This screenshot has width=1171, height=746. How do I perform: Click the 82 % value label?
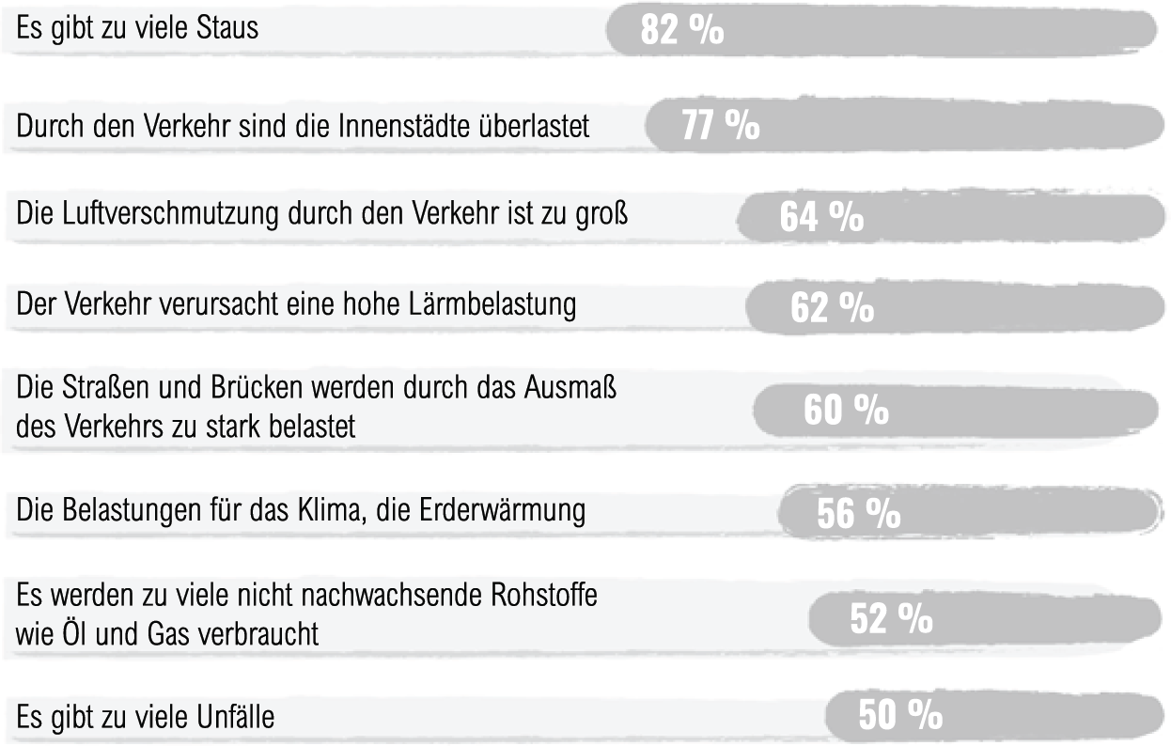(x=682, y=30)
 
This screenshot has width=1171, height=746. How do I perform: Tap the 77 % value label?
(x=721, y=127)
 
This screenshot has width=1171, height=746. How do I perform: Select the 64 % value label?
(x=821, y=218)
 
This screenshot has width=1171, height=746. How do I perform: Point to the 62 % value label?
(x=832, y=309)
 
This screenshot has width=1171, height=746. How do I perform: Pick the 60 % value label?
(x=846, y=412)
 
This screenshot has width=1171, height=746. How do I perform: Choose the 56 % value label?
(x=858, y=514)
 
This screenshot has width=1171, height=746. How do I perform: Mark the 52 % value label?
(x=890, y=618)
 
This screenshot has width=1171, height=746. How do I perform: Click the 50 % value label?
(x=899, y=716)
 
